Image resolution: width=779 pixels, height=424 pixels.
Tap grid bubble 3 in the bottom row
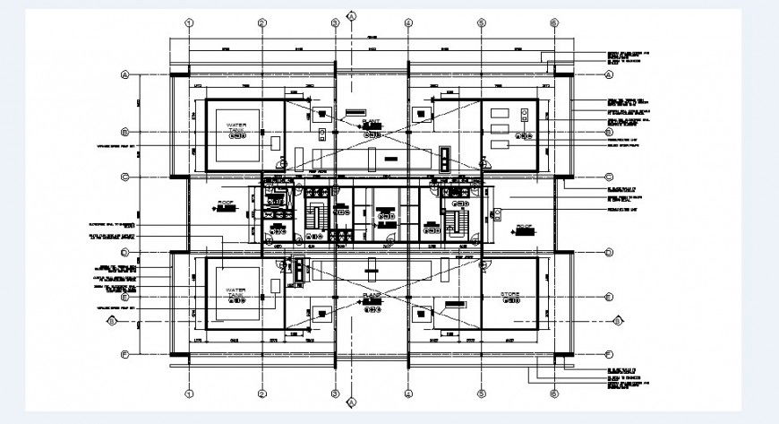coord(335,393)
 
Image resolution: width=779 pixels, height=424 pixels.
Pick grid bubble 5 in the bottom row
coord(481,393)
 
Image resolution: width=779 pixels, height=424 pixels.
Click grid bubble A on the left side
coord(125,75)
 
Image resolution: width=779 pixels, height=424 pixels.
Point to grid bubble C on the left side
coord(125,176)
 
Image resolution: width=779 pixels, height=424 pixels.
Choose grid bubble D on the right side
coord(609,252)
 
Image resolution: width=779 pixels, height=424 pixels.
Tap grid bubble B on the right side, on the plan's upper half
coord(609,131)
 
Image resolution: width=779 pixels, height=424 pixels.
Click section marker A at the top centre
coord(353,16)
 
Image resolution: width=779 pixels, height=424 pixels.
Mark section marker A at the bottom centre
coord(353,402)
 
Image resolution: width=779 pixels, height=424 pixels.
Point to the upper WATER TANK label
coord(235,128)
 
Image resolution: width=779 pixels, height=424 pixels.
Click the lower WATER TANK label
coord(235,294)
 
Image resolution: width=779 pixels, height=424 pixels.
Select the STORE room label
coord(510,293)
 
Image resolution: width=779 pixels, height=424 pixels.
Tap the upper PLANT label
coord(372,120)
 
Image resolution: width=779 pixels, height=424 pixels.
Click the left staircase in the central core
coord(315,219)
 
